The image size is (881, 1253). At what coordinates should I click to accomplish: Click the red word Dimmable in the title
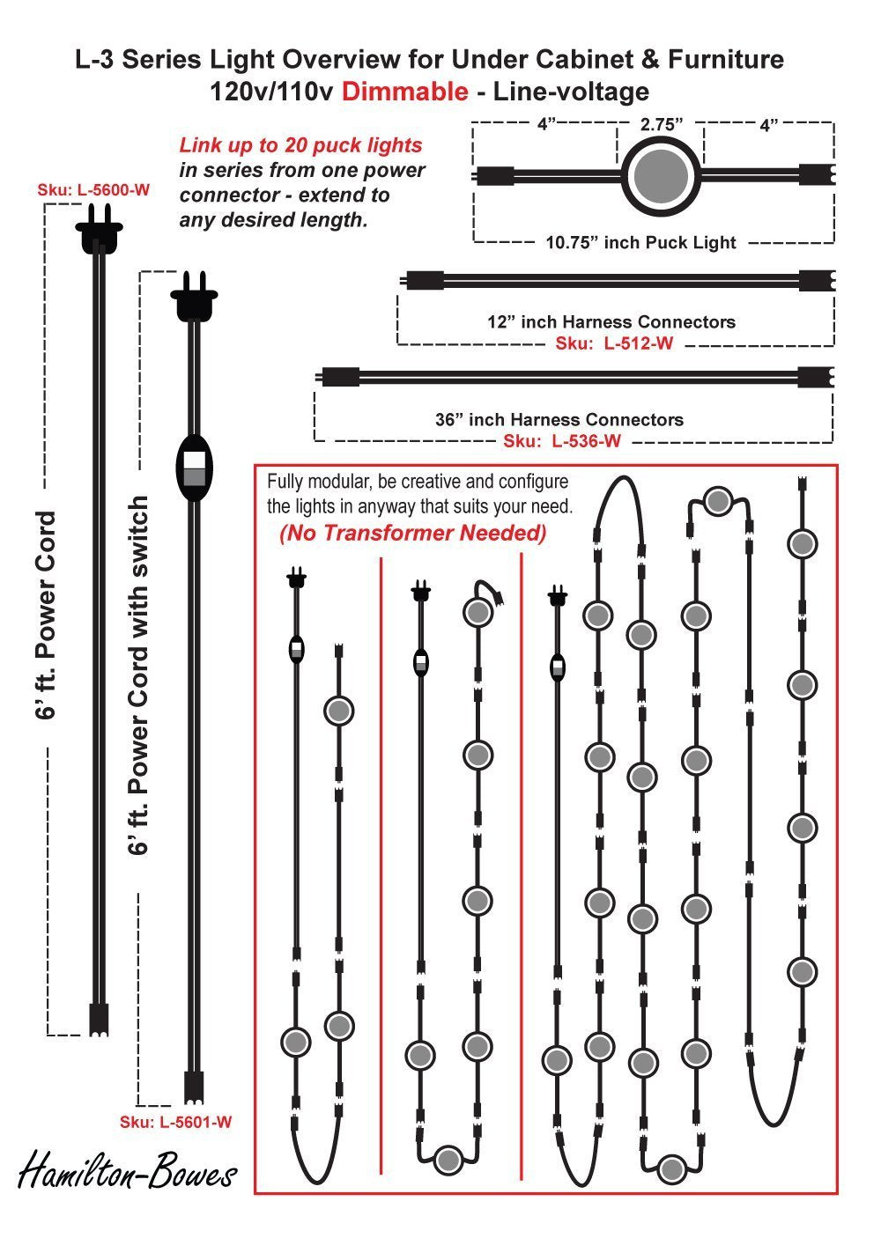(404, 92)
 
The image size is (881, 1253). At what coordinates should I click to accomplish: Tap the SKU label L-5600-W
(93, 188)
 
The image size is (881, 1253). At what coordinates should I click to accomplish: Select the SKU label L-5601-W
(176, 1122)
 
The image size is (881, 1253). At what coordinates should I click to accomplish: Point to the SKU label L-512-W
(614, 343)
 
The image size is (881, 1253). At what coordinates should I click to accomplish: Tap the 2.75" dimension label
(662, 125)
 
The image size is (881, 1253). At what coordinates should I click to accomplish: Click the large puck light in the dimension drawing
(662, 174)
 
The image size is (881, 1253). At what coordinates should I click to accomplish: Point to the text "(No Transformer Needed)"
(413, 533)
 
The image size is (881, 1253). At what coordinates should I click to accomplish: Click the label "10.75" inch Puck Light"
(640, 242)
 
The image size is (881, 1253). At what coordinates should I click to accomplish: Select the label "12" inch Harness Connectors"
(611, 321)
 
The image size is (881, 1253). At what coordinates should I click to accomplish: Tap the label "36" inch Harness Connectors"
(559, 420)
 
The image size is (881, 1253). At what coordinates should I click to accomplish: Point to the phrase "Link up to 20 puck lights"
(301, 145)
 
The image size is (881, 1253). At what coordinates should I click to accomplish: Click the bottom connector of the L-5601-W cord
(194, 1088)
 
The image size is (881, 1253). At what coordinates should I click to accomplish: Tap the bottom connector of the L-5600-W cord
(98, 1019)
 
